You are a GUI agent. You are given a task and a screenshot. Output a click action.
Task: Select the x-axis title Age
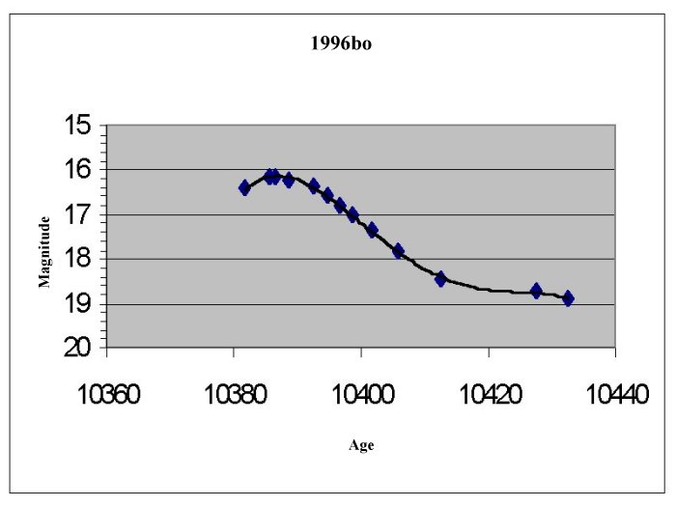click(361, 445)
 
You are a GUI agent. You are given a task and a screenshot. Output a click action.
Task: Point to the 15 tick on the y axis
click(80, 125)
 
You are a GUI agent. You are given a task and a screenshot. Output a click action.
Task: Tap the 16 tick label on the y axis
click(80, 170)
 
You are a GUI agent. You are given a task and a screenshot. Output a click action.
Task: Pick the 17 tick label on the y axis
click(80, 214)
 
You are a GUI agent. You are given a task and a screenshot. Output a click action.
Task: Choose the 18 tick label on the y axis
click(80, 259)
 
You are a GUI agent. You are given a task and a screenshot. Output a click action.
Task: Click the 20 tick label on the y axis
click(80, 348)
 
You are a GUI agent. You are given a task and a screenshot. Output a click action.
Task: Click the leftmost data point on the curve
click(244, 187)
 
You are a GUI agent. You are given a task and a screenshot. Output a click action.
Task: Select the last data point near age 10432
click(568, 298)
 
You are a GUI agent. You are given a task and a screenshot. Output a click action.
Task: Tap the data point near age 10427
click(536, 291)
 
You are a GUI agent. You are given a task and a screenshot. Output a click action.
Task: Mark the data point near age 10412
click(440, 279)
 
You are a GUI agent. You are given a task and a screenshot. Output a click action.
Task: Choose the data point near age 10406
click(398, 251)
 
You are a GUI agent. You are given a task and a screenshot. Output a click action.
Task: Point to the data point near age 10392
click(314, 185)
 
